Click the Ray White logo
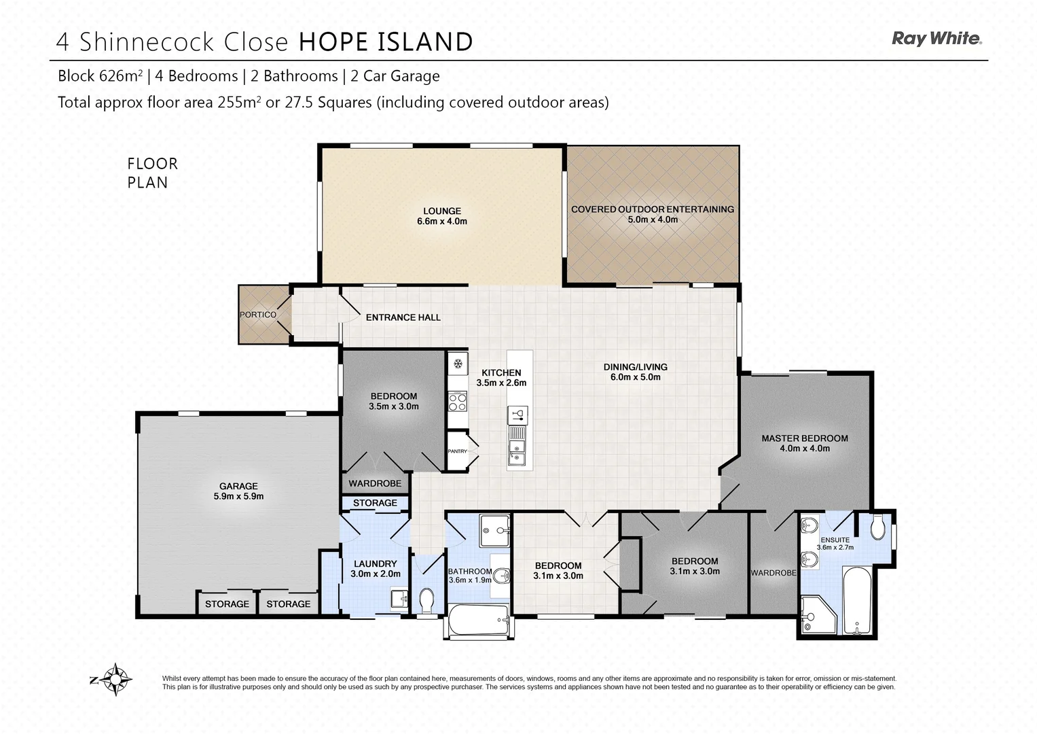[936, 39]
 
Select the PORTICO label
[258, 315]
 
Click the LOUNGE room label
[441, 215]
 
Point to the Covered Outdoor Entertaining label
[652, 214]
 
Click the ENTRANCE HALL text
[403, 317]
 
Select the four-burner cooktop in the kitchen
[457, 402]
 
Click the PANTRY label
[457, 451]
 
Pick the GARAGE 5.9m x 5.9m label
[238, 491]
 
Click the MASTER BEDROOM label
[804, 443]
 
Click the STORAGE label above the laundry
[375, 503]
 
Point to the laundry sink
[399, 598]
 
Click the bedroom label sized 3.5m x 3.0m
[393, 401]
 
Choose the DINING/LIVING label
[635, 372]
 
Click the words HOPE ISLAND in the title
[386, 42]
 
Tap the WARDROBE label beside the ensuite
[773, 573]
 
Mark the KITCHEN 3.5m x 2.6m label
[501, 377]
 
